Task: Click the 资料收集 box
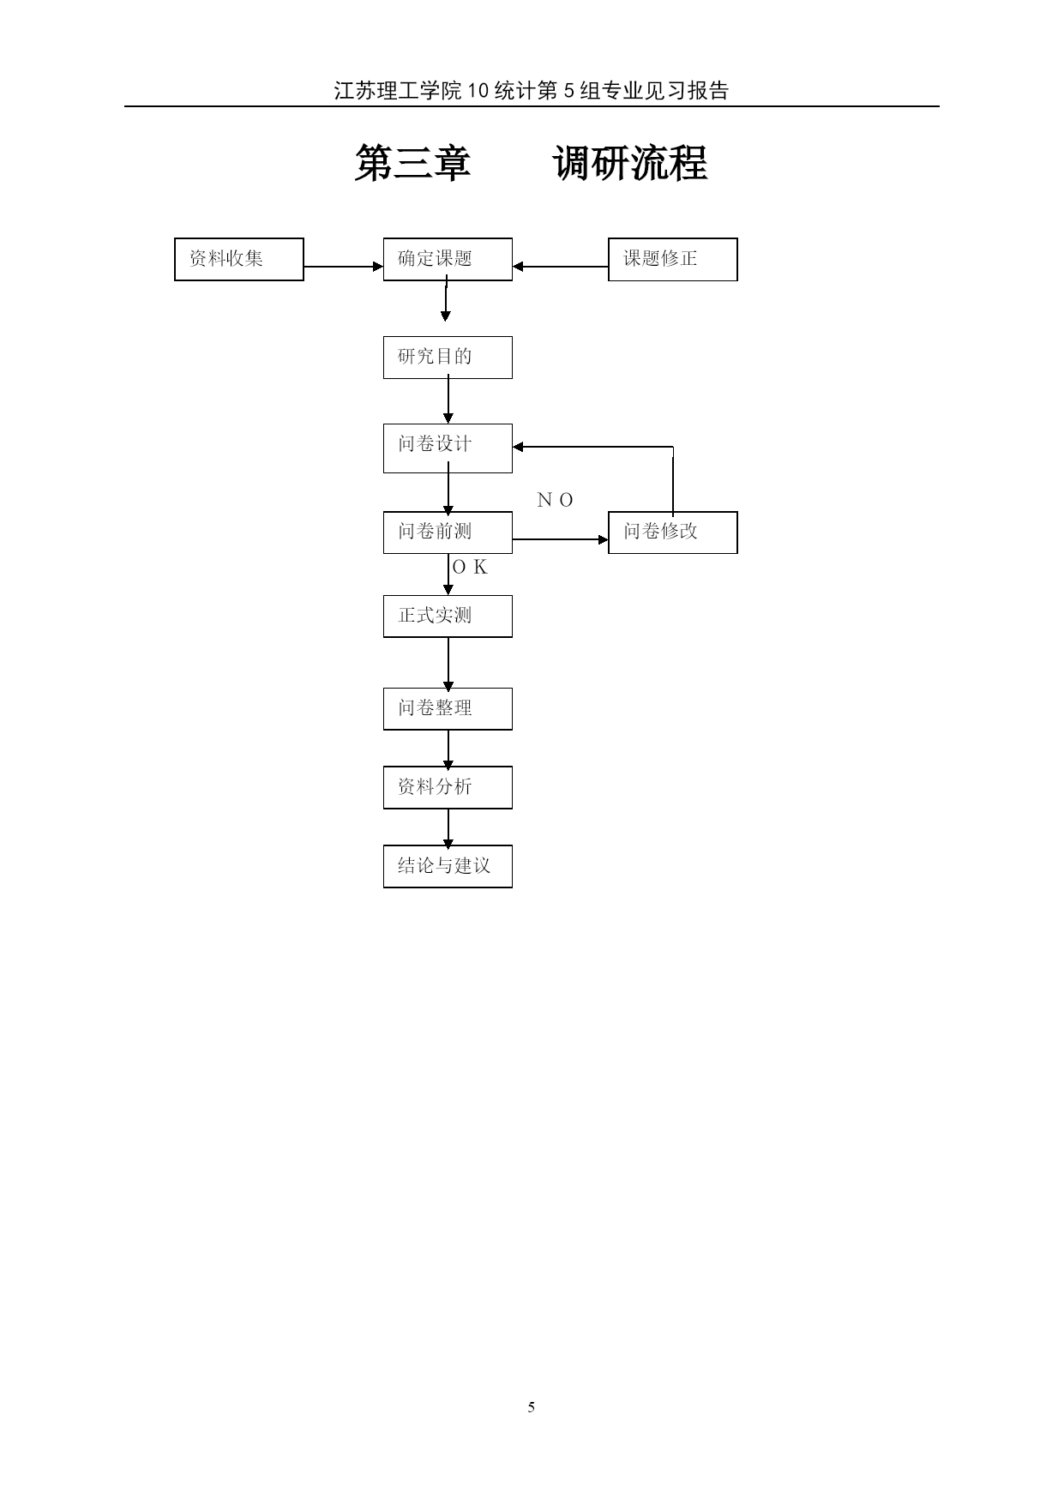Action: [239, 259]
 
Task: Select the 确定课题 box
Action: [448, 259]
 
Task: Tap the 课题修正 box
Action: [673, 259]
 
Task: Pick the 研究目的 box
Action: [448, 358]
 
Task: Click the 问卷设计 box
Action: [448, 448]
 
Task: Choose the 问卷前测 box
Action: [448, 532]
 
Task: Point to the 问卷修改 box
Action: [673, 532]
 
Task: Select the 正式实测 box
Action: [448, 617]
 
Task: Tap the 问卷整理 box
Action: [448, 709]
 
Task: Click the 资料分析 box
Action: [448, 788]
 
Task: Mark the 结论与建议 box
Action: [448, 867]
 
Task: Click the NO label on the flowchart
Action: [555, 500]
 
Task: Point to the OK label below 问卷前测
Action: [470, 567]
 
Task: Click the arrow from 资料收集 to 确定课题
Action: [344, 267]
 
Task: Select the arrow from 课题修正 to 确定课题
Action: [561, 267]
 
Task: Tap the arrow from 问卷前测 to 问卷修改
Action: [561, 539]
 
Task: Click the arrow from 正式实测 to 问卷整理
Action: [448, 664]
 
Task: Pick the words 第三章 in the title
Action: [413, 163]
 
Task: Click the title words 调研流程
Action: [630, 163]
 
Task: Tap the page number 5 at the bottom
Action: [532, 1407]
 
